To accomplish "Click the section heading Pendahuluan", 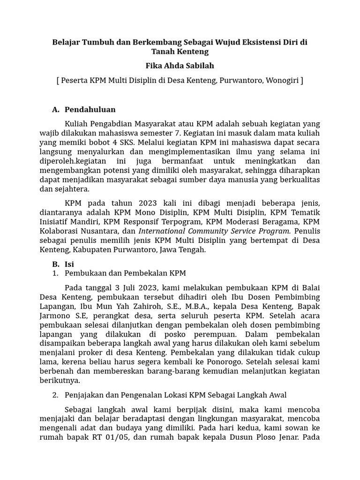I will click(90, 110).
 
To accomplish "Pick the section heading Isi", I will click(69, 264).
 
